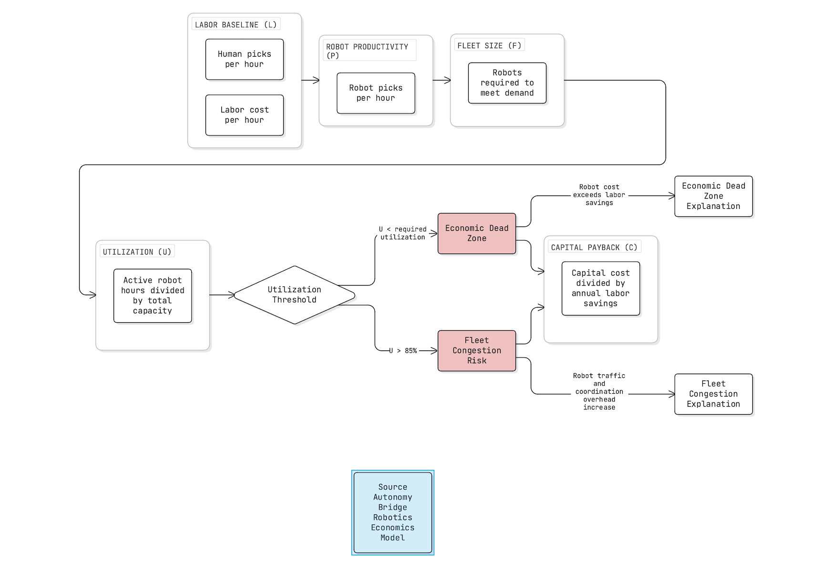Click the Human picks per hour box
(244, 59)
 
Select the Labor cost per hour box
(244, 115)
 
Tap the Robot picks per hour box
(376, 93)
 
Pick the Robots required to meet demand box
(507, 83)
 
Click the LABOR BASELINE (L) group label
(236, 25)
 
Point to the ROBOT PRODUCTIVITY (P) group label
(367, 51)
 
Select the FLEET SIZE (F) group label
(489, 46)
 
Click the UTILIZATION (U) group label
(137, 252)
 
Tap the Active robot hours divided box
(153, 296)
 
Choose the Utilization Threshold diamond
(294, 295)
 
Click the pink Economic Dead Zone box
(476, 233)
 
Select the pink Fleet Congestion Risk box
(476, 350)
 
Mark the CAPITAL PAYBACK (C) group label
(594, 247)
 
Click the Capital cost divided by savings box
(600, 288)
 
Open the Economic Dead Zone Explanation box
(713, 196)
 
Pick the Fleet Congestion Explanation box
(713, 394)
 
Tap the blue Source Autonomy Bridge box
(392, 512)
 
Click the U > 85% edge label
(403, 351)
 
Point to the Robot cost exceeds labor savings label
(599, 195)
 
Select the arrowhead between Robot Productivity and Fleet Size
(447, 80)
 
